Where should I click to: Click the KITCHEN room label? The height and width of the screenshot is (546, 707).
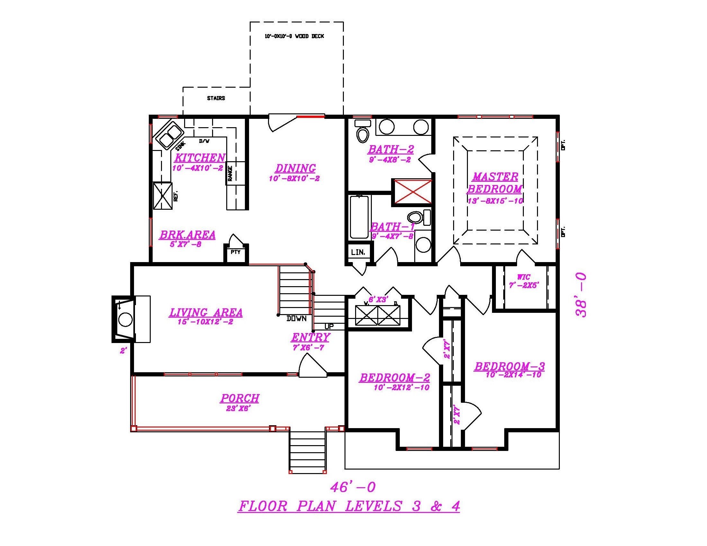[200, 158]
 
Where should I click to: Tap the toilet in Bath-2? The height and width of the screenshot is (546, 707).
[362, 134]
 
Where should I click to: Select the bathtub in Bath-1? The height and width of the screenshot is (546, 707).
[359, 217]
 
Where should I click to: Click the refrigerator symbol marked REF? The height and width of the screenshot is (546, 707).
[163, 196]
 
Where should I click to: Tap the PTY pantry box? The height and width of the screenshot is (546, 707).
[236, 252]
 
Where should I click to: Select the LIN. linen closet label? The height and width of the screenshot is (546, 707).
[358, 252]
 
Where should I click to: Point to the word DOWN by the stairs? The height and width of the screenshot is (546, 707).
[296, 319]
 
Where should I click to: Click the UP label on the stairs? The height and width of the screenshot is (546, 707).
[329, 326]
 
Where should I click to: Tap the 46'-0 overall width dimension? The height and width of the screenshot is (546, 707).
[353, 487]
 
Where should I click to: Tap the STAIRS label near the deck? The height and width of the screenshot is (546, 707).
[216, 98]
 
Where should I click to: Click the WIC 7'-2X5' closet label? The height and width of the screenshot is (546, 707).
[524, 281]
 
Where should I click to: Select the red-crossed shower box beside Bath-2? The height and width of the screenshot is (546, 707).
[412, 192]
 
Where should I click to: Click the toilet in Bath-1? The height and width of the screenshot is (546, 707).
[416, 217]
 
